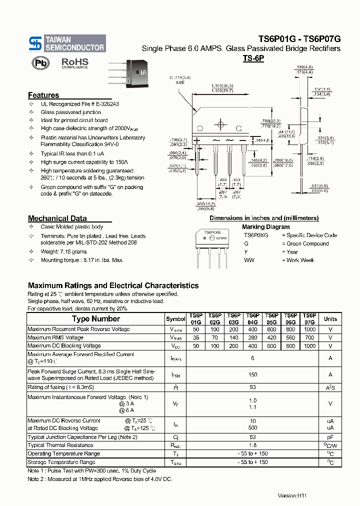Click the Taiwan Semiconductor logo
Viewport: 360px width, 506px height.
click(x=67, y=43)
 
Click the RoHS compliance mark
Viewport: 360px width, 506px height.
click(x=74, y=63)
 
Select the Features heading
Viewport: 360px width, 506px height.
click(x=43, y=95)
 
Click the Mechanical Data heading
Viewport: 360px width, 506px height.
click(x=57, y=218)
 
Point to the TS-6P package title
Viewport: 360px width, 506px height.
click(x=253, y=58)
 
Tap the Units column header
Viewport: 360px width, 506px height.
click(x=330, y=318)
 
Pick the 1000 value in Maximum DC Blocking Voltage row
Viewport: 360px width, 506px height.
click(x=309, y=346)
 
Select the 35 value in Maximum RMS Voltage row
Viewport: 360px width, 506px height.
click(x=195, y=337)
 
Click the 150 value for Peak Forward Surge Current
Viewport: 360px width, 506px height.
click(x=252, y=374)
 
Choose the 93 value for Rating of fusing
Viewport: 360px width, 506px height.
click(x=252, y=387)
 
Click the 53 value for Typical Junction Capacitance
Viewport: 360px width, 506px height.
click(x=252, y=437)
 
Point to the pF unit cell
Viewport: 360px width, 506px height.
click(x=330, y=437)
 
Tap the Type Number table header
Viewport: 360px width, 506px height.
click(x=95, y=318)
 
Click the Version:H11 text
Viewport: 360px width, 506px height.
click(x=292, y=495)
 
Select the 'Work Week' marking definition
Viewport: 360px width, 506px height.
click(x=300, y=260)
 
